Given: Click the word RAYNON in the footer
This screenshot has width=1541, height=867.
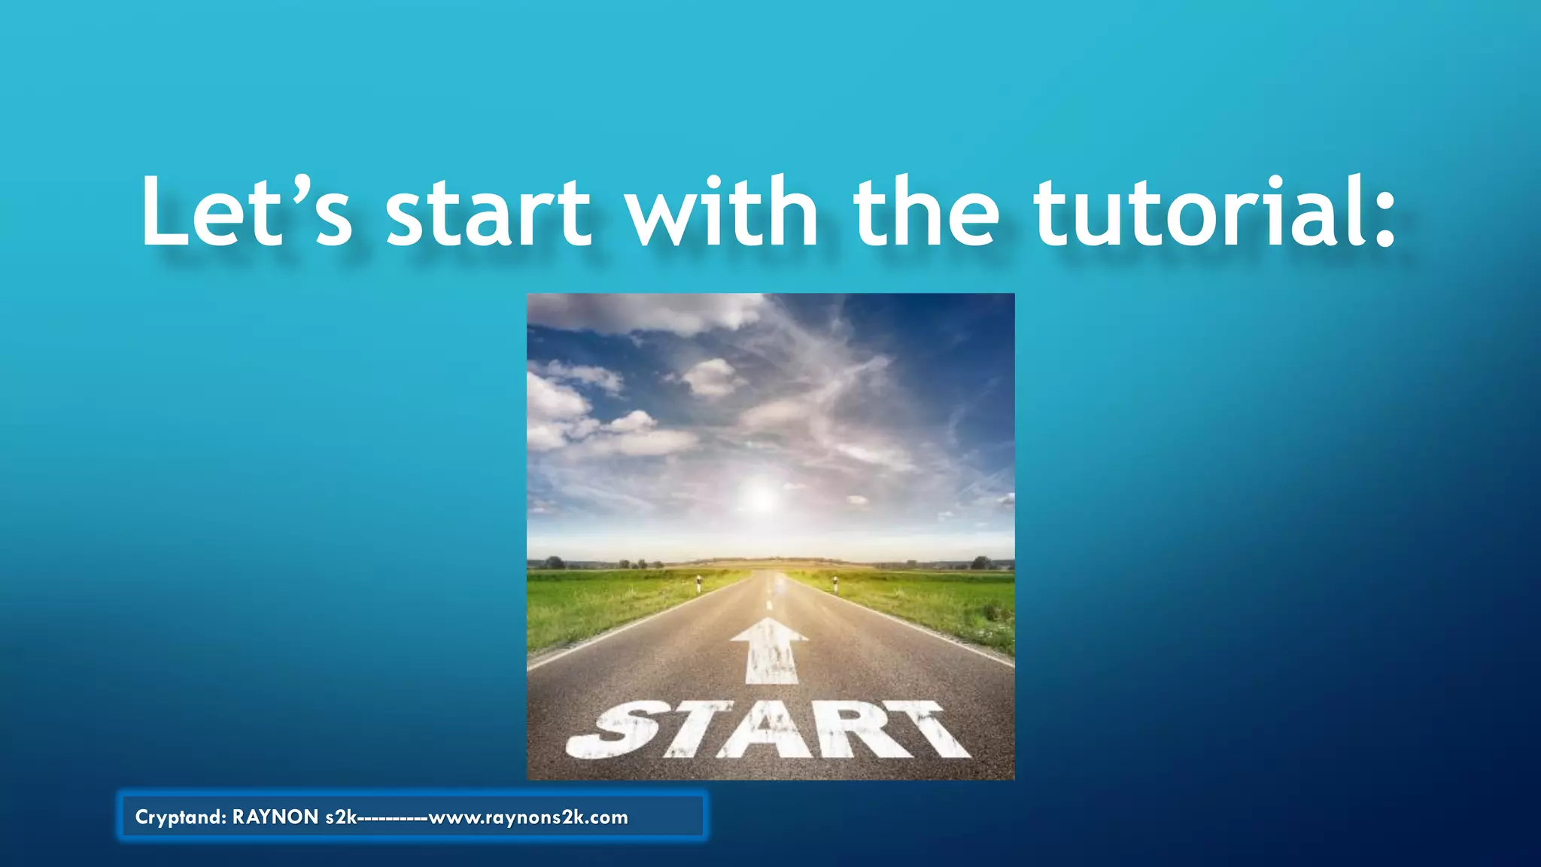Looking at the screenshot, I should pyautogui.click(x=275, y=817).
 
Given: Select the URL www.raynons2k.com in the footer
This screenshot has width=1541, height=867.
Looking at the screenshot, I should pyautogui.click(x=528, y=817).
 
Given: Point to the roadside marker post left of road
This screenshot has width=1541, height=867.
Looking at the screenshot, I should pyautogui.click(x=698, y=583).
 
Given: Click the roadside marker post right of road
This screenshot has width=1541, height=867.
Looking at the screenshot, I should pyautogui.click(x=835, y=583).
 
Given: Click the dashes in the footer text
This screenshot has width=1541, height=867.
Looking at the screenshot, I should pyautogui.click(x=393, y=818).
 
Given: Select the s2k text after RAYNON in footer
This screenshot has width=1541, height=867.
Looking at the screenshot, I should pyautogui.click(x=341, y=817).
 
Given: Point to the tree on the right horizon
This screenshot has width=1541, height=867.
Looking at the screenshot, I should pyautogui.click(x=980, y=562).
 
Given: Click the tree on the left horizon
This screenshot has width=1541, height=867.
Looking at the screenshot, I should pyautogui.click(x=555, y=562).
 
